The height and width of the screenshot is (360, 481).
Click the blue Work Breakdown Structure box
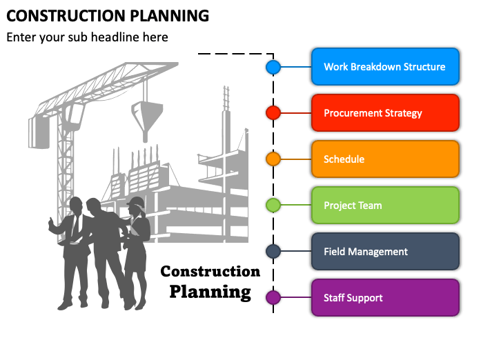385,67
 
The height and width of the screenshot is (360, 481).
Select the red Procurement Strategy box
385,113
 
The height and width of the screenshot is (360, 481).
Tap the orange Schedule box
385,159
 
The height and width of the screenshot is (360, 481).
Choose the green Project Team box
385,206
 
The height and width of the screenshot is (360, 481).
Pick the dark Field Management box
385,252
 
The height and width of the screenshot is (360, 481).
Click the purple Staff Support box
385,298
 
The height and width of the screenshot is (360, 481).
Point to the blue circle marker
273,67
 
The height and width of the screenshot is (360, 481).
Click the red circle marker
273,113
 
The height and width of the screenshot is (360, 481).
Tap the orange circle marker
273,159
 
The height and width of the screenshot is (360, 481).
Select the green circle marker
273,206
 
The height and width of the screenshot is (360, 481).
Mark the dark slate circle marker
273,252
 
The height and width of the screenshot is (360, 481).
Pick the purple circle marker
273,298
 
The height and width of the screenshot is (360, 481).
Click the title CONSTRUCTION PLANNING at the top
108,14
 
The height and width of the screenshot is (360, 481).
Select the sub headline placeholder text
88,37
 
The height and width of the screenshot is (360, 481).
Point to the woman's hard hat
137,202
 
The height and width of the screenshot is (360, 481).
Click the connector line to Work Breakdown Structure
296,67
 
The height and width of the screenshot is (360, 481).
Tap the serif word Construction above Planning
210,271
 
